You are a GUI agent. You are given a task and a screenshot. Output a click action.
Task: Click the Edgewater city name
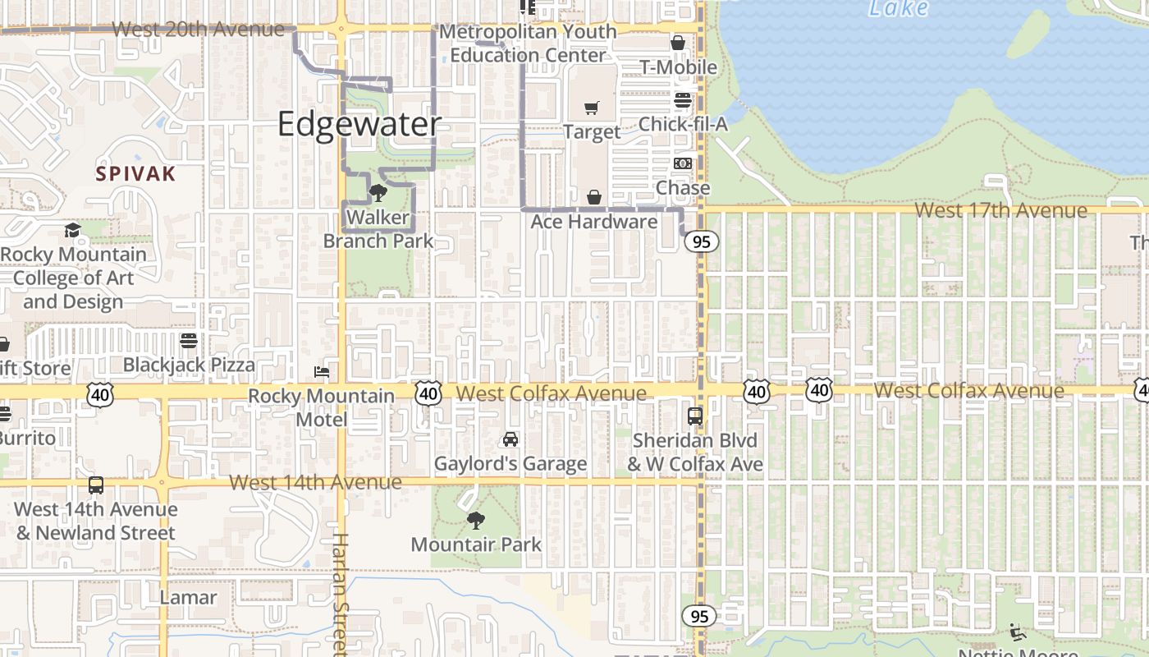[x=359, y=125]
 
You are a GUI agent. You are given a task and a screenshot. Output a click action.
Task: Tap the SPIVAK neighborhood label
[x=135, y=174]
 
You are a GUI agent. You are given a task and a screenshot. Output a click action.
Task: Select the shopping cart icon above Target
[x=592, y=108]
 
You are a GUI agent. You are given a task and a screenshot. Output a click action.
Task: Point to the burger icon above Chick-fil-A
[x=683, y=100]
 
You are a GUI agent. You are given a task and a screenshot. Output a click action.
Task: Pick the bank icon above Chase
[x=683, y=163]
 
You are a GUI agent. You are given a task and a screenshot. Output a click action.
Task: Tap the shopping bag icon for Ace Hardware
[x=594, y=197]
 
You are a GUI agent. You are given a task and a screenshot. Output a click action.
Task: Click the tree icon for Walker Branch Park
[x=378, y=193]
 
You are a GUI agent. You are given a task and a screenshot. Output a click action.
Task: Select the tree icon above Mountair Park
[x=475, y=520]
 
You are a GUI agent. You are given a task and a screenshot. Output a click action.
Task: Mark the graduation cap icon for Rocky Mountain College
[x=73, y=230]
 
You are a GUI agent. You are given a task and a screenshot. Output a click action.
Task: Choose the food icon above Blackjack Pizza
[x=189, y=340]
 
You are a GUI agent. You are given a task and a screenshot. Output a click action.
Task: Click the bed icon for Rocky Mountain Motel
[x=322, y=372]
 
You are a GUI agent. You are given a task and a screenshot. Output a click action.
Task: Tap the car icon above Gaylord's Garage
[x=510, y=439]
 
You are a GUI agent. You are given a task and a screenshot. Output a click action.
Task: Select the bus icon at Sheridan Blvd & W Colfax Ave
[x=695, y=416]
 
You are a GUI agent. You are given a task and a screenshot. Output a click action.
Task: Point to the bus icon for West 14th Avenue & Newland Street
[x=96, y=485]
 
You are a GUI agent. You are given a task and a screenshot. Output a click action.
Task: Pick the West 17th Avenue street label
[x=1000, y=210]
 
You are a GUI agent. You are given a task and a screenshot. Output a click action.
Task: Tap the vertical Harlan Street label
[x=340, y=593]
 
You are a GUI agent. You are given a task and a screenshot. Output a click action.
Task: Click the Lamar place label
[x=189, y=597]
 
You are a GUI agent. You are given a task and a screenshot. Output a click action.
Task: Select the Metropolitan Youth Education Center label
[x=528, y=44]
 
